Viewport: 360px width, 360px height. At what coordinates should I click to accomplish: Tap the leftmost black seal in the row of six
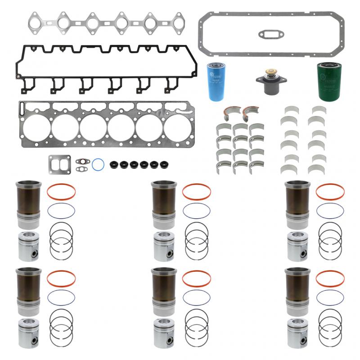click(x=114, y=165)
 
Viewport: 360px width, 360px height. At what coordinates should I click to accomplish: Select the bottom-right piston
click(x=297, y=334)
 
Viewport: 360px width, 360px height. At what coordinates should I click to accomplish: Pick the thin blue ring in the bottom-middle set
click(x=197, y=297)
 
